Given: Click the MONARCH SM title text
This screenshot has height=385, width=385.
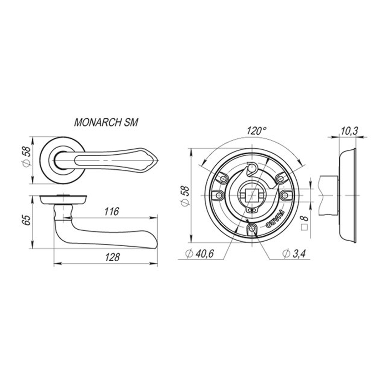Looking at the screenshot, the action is pos(106,122).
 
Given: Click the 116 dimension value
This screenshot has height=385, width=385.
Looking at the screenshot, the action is pos(112,211).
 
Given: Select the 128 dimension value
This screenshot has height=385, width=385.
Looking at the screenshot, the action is pos(112,257).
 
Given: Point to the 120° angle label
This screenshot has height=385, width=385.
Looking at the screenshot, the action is pos(257,131).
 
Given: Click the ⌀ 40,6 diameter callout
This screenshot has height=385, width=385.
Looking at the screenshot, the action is pos(200,254).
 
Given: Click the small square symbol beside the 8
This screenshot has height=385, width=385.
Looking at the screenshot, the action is pos(304,227).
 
